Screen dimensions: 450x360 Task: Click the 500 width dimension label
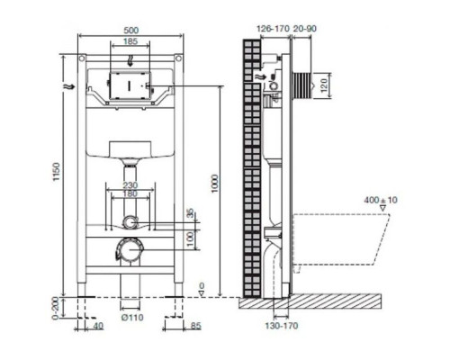click(130, 31)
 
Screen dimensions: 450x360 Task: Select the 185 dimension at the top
click(130, 40)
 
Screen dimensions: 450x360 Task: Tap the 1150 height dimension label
click(57, 172)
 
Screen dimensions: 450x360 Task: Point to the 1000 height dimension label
click(215, 184)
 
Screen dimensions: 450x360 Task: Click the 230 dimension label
click(130, 185)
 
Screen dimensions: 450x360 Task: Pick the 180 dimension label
click(130, 193)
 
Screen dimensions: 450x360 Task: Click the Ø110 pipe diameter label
click(132, 317)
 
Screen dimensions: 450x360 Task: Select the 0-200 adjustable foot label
click(56, 309)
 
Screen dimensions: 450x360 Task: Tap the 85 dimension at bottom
click(195, 326)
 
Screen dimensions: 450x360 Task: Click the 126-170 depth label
click(273, 29)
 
